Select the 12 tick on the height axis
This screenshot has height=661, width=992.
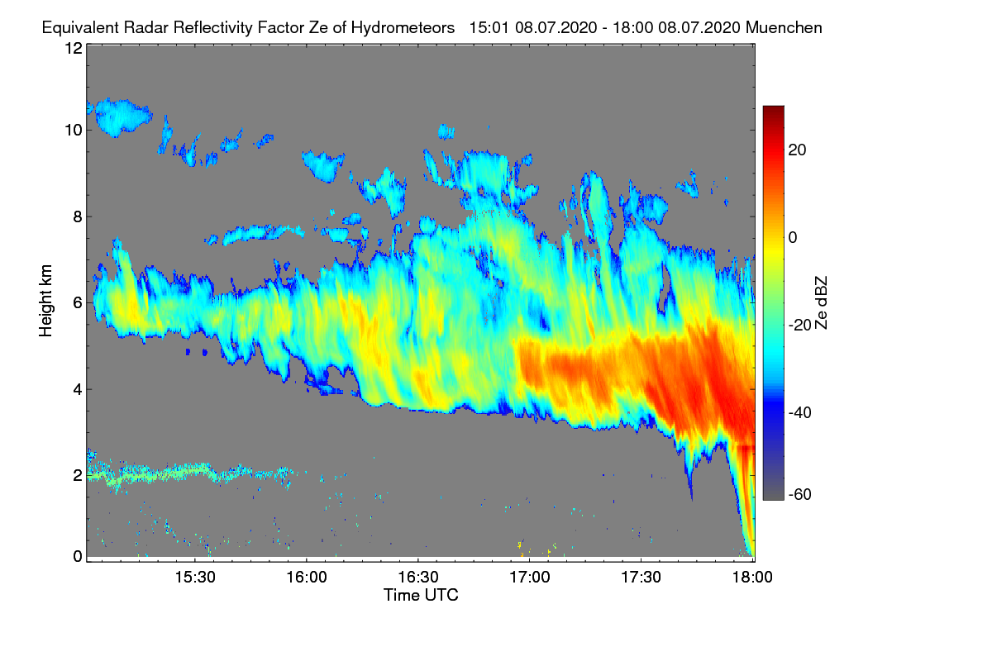coord(73,48)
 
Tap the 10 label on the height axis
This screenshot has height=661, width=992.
coord(73,130)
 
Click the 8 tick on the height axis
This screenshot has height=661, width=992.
coord(77,217)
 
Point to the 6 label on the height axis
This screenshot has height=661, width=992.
coord(77,303)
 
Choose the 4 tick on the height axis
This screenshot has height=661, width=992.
coord(77,389)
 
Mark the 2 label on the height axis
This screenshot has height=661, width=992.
coord(77,475)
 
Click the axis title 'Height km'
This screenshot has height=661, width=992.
coord(45,301)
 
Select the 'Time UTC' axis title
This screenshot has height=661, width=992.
coord(421,595)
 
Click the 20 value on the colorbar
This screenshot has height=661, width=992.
coord(798,150)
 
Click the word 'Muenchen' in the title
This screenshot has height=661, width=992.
coord(784,27)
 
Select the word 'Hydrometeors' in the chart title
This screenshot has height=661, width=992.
coord(403,27)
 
